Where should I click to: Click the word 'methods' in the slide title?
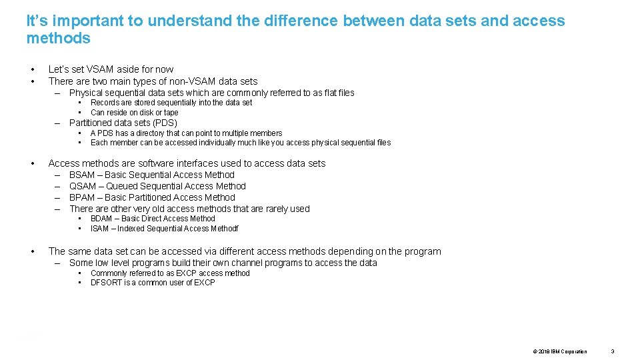click(58, 38)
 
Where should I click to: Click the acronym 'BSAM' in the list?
click(82, 175)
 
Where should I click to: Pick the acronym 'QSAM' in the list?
click(83, 186)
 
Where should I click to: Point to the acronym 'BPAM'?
click(82, 197)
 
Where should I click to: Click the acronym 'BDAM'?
click(101, 219)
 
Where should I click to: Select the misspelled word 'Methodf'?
click(225, 229)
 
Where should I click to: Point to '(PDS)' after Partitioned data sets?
click(165, 123)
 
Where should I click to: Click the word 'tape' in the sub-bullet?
click(171, 113)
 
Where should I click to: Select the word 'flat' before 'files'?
click(325, 93)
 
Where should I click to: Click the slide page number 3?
click(613, 351)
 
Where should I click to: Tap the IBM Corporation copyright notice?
click(560, 351)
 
